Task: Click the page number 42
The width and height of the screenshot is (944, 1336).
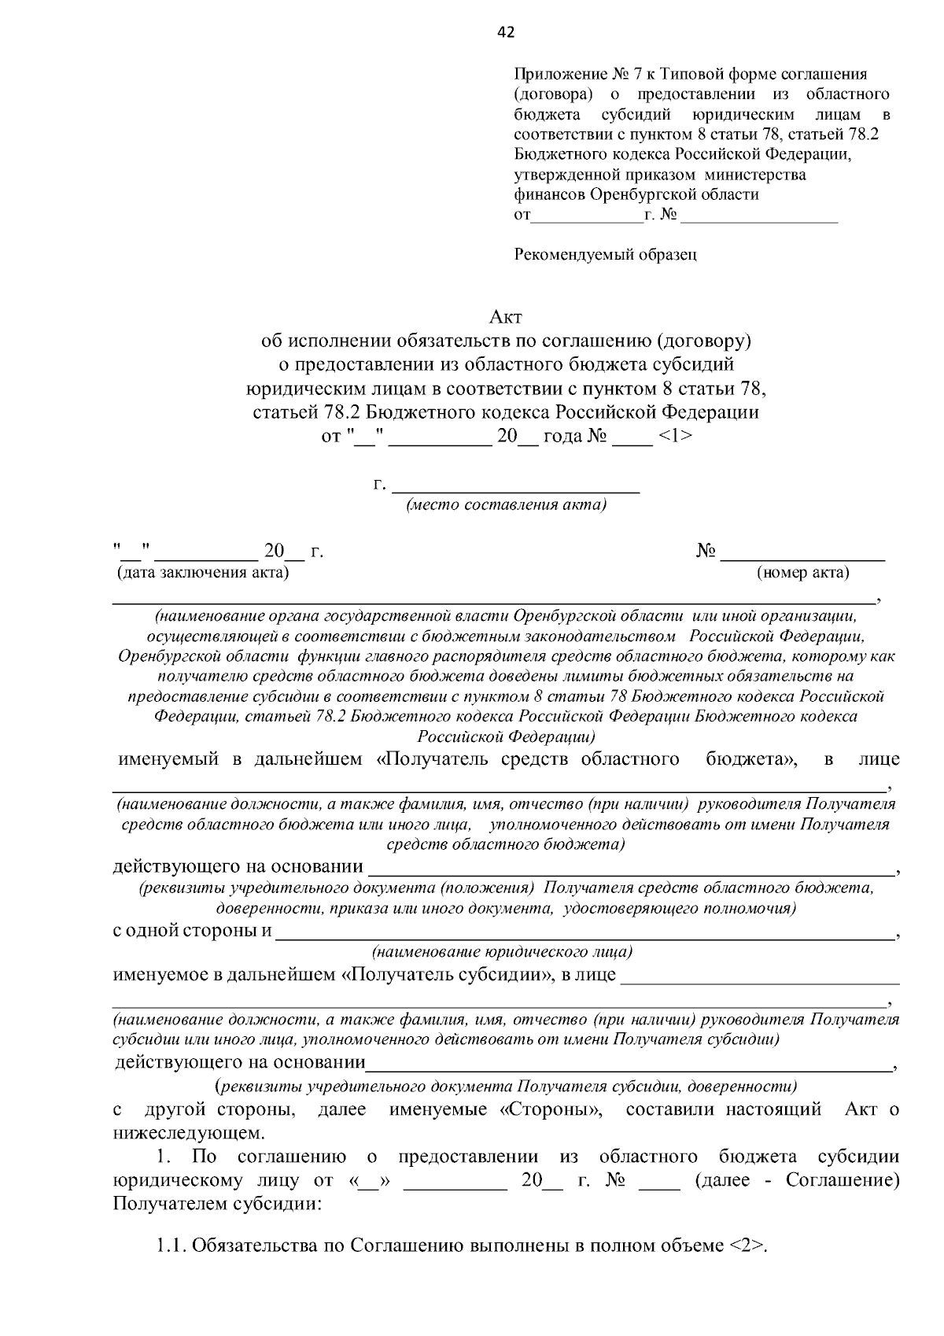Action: point(506,32)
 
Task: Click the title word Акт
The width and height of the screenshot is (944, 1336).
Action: point(506,318)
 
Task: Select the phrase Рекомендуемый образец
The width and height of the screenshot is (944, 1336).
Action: point(605,254)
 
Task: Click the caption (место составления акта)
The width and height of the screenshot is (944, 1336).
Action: point(506,505)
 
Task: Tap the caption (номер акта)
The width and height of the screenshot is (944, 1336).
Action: point(802,573)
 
